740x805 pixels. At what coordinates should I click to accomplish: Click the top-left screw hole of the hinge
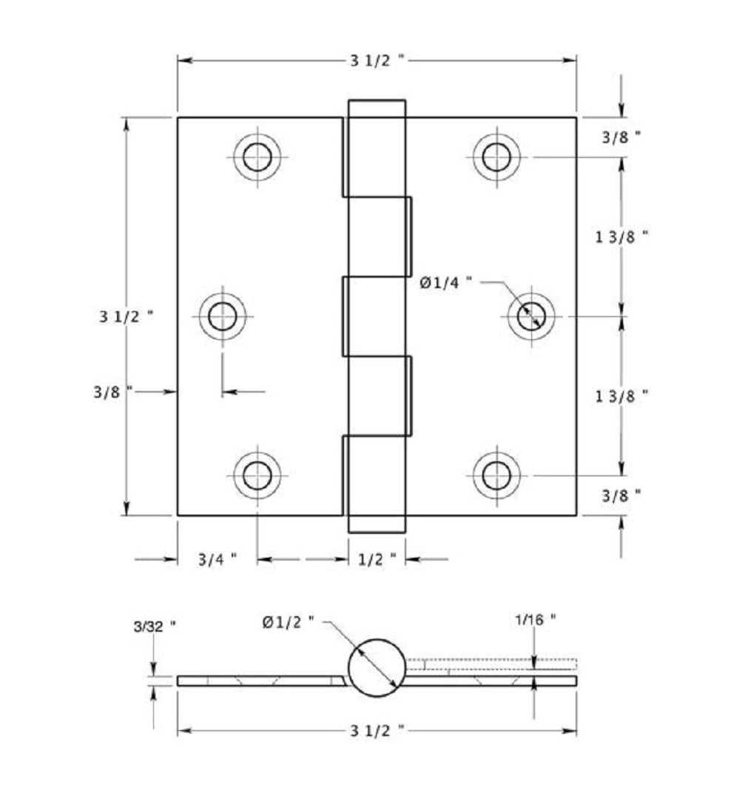(257, 157)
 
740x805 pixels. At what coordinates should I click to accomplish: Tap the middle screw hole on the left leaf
(222, 317)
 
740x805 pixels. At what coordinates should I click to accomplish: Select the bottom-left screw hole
(257, 475)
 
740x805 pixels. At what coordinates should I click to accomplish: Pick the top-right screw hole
(496, 157)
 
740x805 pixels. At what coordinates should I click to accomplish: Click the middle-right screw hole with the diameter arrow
(531, 317)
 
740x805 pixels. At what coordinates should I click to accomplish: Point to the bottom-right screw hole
(496, 475)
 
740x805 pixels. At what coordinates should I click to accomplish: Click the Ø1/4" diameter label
(446, 282)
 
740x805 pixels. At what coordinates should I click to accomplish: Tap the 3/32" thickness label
(154, 625)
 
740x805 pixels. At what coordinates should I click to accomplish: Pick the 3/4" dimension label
(217, 559)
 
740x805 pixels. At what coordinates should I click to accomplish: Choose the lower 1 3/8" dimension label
(622, 395)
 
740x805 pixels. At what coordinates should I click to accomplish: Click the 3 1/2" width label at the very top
(377, 61)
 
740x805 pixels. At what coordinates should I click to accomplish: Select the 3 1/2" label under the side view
(377, 731)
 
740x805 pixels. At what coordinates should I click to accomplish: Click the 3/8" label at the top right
(620, 136)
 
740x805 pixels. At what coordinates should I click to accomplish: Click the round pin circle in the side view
(377, 667)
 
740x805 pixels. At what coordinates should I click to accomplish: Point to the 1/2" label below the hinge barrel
(377, 559)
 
